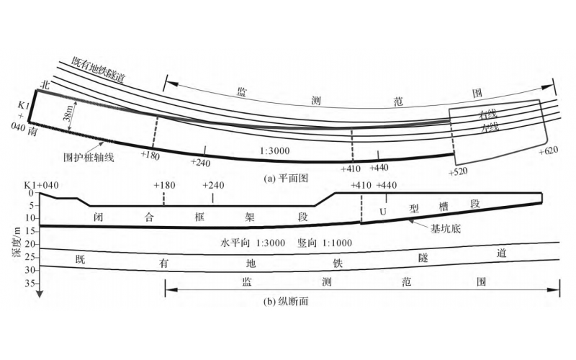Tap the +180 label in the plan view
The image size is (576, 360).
(150, 156)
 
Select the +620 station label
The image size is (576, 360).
(549, 152)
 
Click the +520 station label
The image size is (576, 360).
(457, 173)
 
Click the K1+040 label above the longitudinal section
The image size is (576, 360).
(41, 185)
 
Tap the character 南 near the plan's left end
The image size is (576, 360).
(33, 132)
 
